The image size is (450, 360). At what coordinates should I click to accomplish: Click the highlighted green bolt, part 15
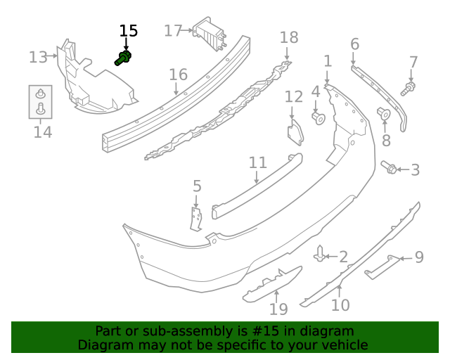(124, 58)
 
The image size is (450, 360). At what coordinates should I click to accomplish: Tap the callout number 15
(129, 31)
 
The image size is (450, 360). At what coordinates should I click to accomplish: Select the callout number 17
(173, 30)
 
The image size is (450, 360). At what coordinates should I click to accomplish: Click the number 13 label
(38, 57)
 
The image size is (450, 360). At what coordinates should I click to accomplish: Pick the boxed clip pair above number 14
(41, 101)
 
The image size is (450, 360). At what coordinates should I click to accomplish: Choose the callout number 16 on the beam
(178, 75)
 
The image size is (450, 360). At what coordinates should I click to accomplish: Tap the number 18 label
(289, 37)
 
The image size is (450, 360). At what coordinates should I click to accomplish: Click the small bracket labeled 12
(295, 133)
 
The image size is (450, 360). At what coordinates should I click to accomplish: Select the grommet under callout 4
(317, 117)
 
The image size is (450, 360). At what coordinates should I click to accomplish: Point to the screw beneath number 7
(407, 89)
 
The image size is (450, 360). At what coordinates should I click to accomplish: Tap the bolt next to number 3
(389, 167)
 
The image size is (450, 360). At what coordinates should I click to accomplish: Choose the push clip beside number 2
(321, 253)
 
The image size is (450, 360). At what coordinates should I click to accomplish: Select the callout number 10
(340, 305)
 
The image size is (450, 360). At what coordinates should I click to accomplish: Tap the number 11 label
(258, 163)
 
